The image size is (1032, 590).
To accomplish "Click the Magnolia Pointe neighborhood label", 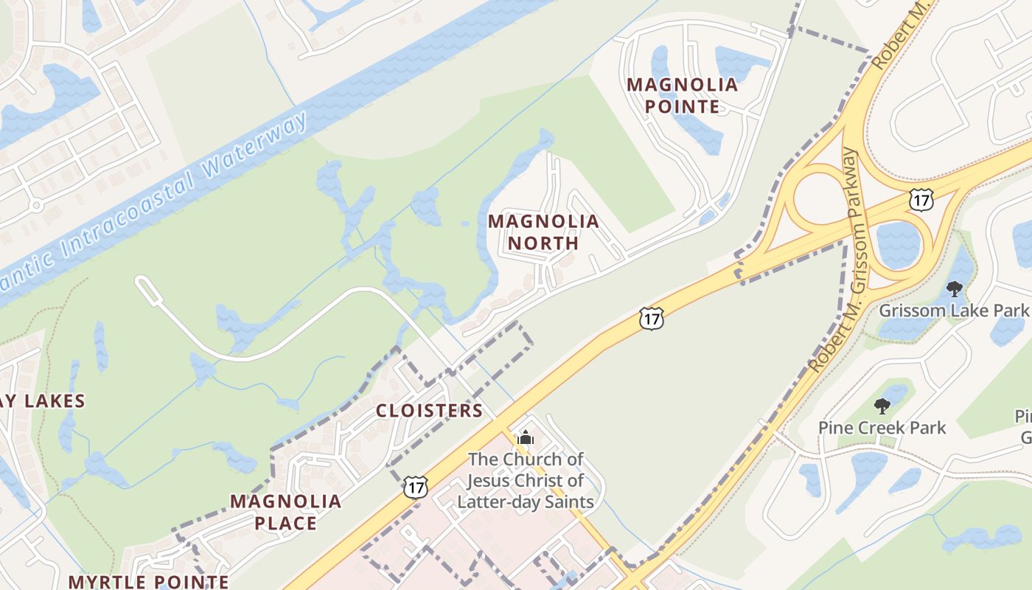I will (x=682, y=95).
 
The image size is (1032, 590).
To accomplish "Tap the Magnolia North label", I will (x=543, y=232).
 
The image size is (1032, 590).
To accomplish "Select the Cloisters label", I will (x=429, y=411).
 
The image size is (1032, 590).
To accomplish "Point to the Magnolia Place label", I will (x=285, y=512).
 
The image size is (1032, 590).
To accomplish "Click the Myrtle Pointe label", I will (x=148, y=581).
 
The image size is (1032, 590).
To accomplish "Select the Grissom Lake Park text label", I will (x=953, y=310).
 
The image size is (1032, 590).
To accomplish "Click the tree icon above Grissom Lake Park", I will (x=955, y=288).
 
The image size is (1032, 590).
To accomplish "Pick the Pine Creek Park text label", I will (x=882, y=428).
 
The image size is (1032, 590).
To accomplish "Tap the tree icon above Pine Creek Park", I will (x=882, y=406).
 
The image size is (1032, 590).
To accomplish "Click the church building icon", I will (x=525, y=438).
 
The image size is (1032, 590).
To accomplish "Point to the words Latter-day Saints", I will (x=525, y=502).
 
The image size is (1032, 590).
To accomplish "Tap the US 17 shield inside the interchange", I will (x=921, y=198).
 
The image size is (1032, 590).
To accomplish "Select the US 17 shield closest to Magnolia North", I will (x=652, y=318).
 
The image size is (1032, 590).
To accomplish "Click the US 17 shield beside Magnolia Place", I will (x=416, y=486).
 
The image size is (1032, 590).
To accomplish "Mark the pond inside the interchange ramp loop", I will (x=899, y=243).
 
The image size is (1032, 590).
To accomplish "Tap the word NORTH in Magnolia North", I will (x=543, y=243).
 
